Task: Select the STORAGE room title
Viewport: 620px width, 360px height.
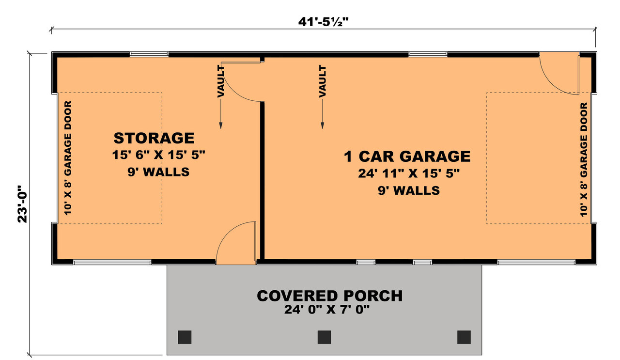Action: tap(154, 138)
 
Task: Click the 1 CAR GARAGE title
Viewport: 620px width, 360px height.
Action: tap(407, 156)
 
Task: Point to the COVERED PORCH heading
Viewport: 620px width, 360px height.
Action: tap(329, 296)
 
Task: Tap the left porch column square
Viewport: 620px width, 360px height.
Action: tap(185, 337)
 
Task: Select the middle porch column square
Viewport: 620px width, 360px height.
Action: tap(324, 337)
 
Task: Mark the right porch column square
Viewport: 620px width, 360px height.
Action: tap(464, 337)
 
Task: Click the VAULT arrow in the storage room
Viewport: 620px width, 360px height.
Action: tap(221, 97)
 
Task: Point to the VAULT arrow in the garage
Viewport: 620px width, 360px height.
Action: tap(322, 97)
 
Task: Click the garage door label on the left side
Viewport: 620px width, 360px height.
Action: tap(68, 158)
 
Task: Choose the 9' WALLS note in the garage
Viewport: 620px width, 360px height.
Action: tap(409, 190)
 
